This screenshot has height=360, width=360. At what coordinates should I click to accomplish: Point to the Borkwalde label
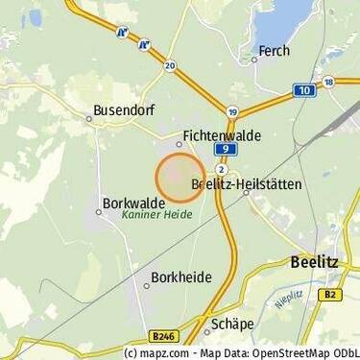tap(132, 204)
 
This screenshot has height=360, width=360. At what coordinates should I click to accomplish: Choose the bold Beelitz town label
tap(317, 261)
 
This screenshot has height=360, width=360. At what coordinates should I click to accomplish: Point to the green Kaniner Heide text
tap(156, 216)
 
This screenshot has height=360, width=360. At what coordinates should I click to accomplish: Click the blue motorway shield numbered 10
tap(304, 90)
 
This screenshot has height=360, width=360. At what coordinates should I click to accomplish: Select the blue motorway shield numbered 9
tap(223, 151)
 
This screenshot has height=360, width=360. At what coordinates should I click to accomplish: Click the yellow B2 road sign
tap(330, 293)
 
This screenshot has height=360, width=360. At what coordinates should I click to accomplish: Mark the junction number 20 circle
tap(170, 66)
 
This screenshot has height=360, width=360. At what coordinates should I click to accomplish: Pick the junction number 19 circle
tap(232, 112)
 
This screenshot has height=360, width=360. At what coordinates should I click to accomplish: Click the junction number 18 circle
tap(328, 83)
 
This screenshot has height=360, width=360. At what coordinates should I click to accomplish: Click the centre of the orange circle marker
tap(180, 177)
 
